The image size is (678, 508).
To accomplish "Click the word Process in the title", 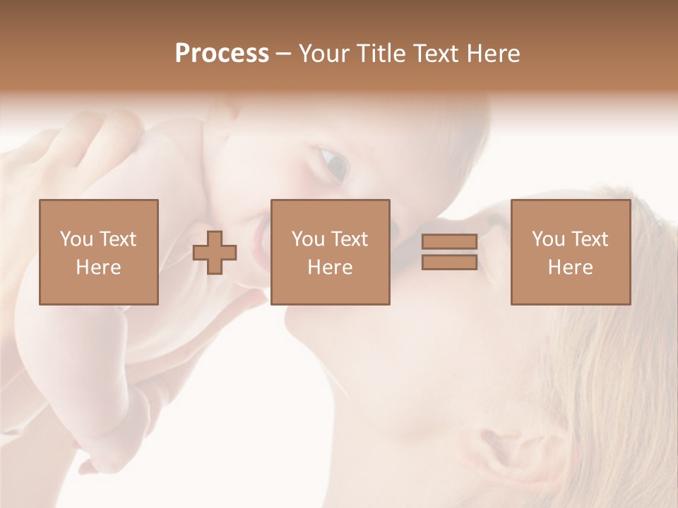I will point(222,54).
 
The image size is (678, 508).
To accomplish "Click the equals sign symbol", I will point(449,252).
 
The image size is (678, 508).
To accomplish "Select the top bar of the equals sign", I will point(449,242).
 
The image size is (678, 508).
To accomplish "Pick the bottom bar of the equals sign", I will point(449,262).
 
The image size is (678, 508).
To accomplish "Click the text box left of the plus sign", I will point(99,252).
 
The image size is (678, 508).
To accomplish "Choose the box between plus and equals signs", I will point(331,252).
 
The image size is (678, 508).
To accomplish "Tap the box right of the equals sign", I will point(571,252).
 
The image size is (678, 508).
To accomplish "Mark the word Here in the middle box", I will point(331,267).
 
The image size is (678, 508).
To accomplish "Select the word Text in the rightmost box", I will point(588,239).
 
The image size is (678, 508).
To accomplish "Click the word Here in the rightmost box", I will point(571,267).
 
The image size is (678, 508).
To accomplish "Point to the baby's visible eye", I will point(332,164).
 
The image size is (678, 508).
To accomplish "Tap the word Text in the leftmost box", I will point(117,239).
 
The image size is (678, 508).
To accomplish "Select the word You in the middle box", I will point(308,239).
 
